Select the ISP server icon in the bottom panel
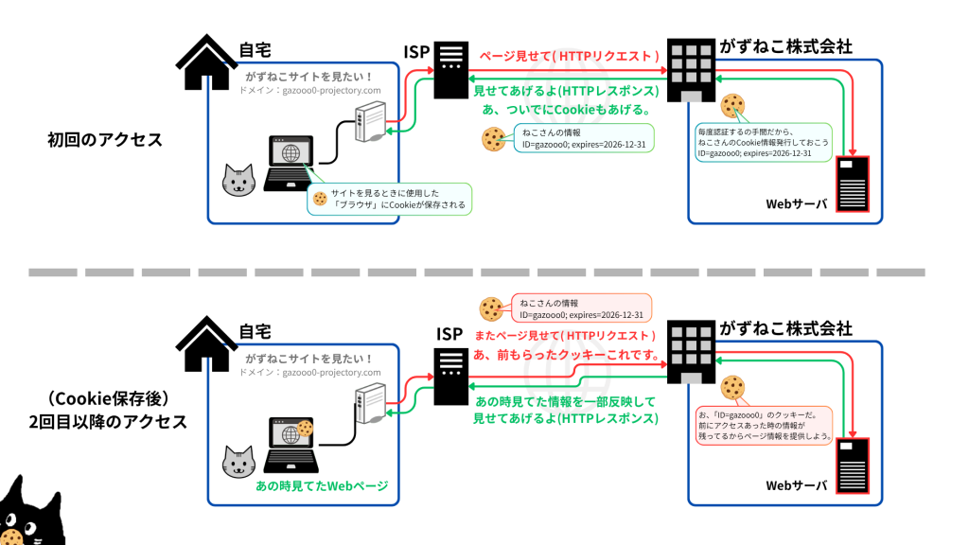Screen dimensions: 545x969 coord(450,378)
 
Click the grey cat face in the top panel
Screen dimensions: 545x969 coord(238,181)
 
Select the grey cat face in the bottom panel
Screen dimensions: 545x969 coord(238,462)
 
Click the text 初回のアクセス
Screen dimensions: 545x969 coord(105,140)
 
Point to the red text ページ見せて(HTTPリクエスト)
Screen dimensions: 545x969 coord(568,56)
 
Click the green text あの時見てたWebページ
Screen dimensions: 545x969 coord(323,486)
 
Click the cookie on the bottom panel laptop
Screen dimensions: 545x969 coord(305,429)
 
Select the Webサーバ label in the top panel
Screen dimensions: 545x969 coord(796,204)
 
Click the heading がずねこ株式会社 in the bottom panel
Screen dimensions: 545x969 coord(786,328)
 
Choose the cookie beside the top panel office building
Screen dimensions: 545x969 coord(731,105)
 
